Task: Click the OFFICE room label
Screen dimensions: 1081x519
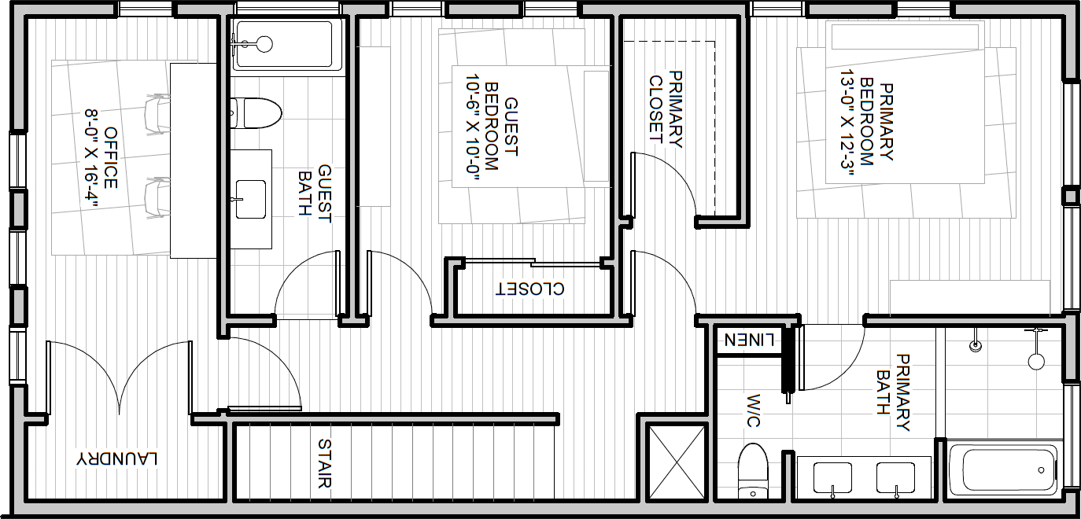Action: coord(110,158)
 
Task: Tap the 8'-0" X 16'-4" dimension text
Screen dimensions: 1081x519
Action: coord(92,159)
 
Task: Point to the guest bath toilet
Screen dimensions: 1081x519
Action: coord(255,113)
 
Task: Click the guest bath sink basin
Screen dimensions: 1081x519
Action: coord(250,199)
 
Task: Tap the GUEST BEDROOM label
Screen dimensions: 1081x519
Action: coord(501,127)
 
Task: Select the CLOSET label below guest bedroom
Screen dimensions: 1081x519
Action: coord(530,289)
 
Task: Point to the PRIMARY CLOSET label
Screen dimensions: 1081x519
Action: coord(665,109)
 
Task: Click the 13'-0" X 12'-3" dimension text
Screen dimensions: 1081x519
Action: coord(847,124)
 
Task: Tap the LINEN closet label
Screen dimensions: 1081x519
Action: coord(750,340)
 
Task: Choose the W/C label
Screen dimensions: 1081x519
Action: coord(754,410)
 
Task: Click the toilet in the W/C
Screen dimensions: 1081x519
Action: coord(754,471)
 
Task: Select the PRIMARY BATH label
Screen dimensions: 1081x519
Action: coord(893,392)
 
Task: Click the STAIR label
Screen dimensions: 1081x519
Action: coord(324,463)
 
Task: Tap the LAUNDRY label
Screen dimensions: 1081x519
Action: coord(116,458)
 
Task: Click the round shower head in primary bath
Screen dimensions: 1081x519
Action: coord(1036,361)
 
